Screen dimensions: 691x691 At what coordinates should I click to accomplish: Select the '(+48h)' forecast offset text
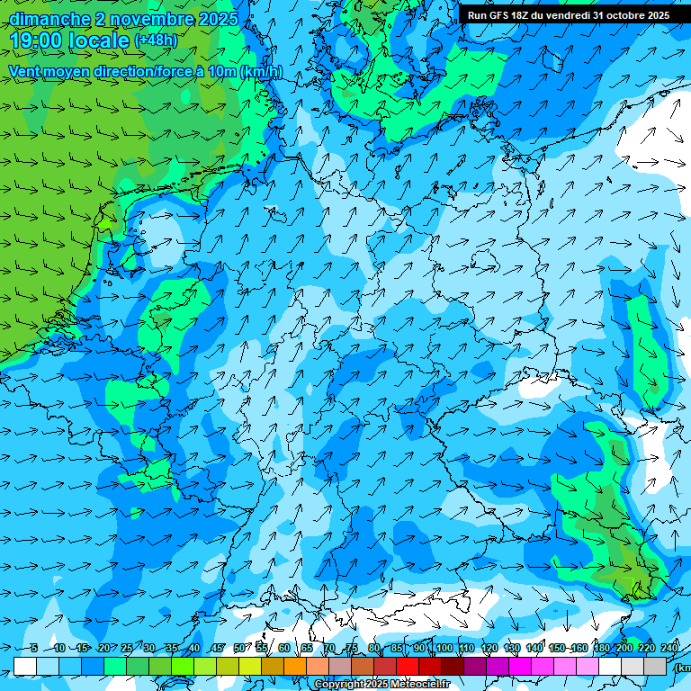pyautogui.click(x=157, y=40)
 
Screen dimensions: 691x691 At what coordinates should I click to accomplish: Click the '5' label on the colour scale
pyautogui.click(x=33, y=648)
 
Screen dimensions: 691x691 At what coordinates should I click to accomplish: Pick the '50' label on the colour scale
pyautogui.click(x=238, y=648)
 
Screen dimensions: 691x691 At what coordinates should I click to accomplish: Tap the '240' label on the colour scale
pyautogui.click(x=669, y=648)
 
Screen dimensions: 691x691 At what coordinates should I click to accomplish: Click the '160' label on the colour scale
pyautogui.click(x=579, y=648)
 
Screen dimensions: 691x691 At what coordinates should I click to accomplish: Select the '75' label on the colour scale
pyautogui.click(x=351, y=648)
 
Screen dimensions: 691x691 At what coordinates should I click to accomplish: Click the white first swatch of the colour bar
pyautogui.click(x=24, y=666)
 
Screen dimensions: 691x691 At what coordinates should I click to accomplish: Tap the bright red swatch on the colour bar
pyautogui.click(x=408, y=666)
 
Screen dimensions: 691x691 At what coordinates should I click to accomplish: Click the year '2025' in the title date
pyautogui.click(x=217, y=18)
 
